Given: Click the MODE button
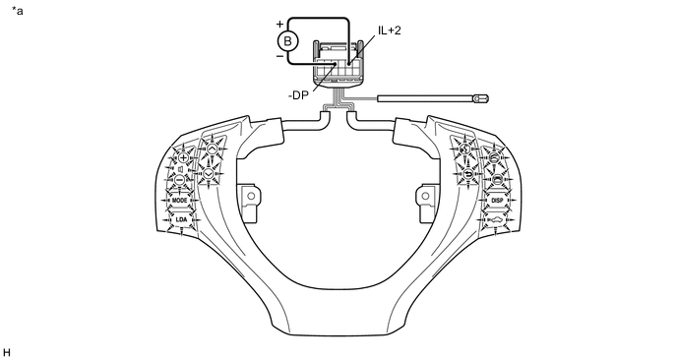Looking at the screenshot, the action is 180,201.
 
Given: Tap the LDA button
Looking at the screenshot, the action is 181,219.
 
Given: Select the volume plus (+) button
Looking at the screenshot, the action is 183,158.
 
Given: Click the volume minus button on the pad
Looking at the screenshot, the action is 180,179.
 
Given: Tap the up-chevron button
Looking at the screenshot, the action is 212,149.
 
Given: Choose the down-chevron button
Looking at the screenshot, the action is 209,173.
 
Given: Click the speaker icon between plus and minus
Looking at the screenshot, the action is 181,169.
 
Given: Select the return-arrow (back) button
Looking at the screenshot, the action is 468,174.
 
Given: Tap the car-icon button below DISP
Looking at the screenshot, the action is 495,220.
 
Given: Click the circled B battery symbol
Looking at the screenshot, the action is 287,41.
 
